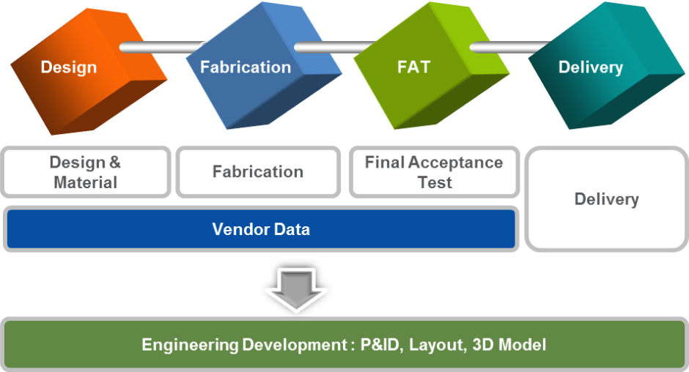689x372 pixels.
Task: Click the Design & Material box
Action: coord(86,172)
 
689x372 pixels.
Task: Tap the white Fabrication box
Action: coord(258,172)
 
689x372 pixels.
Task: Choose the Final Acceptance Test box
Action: coord(434,172)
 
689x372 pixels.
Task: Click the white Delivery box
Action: coord(606,199)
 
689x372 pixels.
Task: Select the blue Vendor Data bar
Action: coord(261,230)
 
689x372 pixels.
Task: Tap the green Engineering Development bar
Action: coord(344,344)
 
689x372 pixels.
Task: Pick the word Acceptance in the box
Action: coord(456,163)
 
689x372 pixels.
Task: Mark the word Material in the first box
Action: coord(86,182)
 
